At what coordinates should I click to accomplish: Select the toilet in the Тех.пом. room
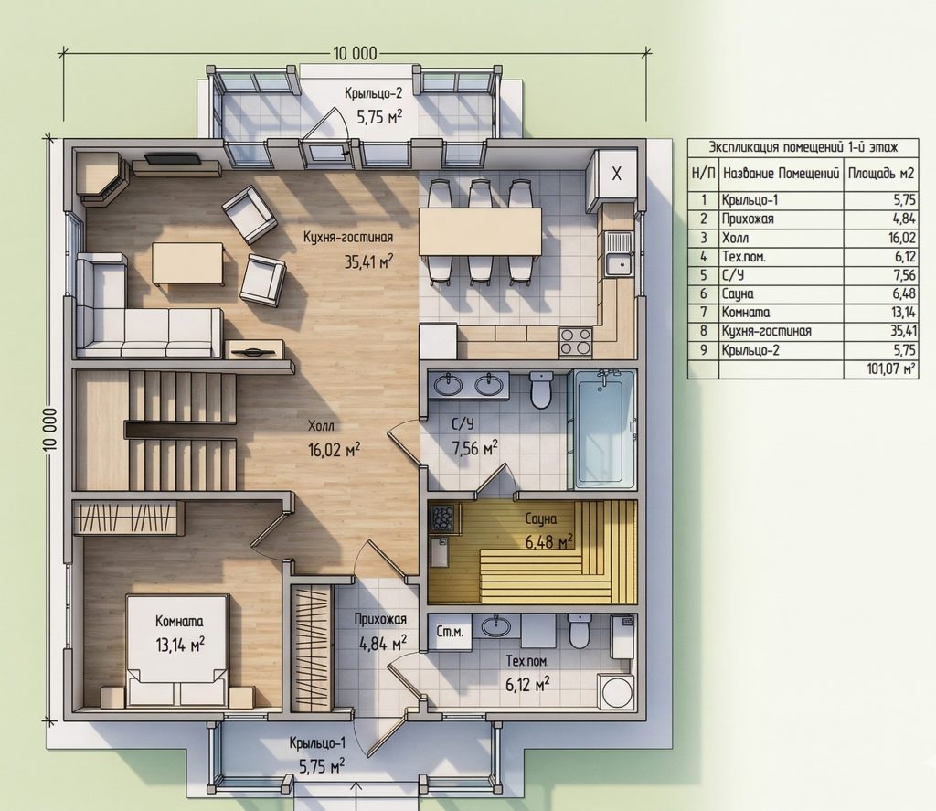tap(579, 632)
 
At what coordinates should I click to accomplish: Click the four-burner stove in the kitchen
tap(576, 342)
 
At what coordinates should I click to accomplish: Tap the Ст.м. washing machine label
tap(450, 632)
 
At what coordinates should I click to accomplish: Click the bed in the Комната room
tap(177, 650)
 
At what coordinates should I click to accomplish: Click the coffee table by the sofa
tap(187, 263)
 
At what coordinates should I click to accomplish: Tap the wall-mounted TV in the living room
tap(173, 159)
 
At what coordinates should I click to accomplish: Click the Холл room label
tap(321, 426)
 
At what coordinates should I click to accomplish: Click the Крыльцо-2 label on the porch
tap(373, 93)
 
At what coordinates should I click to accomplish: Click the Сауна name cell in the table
tap(738, 293)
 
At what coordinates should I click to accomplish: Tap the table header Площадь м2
tap(881, 173)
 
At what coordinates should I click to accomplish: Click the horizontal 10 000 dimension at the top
tap(355, 54)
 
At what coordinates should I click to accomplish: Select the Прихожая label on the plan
tap(380, 619)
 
